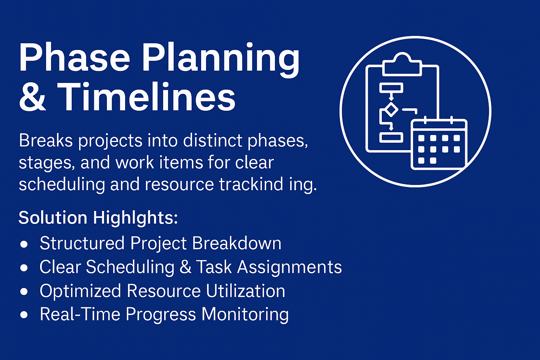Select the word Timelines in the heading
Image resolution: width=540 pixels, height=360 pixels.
coord(146,96)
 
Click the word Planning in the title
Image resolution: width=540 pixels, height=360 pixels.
coord(221,60)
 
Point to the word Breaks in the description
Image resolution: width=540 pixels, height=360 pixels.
coord(46,140)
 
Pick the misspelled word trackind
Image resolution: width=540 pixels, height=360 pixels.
coord(251,184)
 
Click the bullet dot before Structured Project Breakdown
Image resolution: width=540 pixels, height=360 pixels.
coord(24,244)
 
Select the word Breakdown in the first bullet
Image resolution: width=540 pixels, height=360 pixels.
coord(237,243)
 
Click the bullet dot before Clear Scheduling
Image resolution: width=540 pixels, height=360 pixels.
coord(24,268)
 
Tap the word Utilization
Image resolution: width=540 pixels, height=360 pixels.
coord(246,290)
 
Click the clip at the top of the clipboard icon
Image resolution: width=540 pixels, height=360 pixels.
coord(402,64)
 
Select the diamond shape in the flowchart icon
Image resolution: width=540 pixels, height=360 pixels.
coord(391,110)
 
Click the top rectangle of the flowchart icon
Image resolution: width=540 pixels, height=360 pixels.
coord(391,88)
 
